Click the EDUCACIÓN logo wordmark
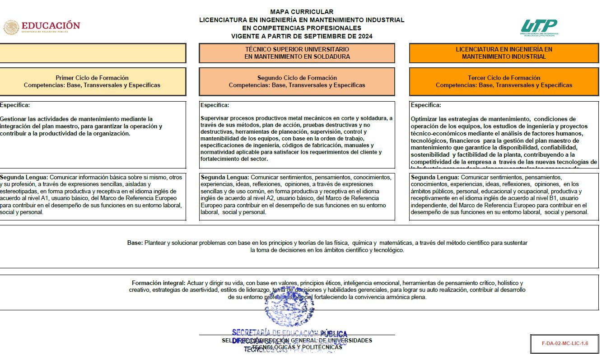[51, 26]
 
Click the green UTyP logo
[539, 26]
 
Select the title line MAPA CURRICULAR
[302, 12]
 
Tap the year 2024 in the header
[364, 36]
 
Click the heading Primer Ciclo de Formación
[92, 78]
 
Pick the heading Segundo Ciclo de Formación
[297, 78]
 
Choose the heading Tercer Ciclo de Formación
[504, 78]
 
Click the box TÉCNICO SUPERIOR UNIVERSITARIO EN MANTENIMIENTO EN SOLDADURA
[297, 53]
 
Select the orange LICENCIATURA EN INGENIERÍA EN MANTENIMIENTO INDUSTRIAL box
[504, 53]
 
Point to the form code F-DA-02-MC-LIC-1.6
[565, 343]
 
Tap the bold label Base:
[135, 243]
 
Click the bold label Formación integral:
[159, 283]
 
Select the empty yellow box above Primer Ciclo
[92, 53]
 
